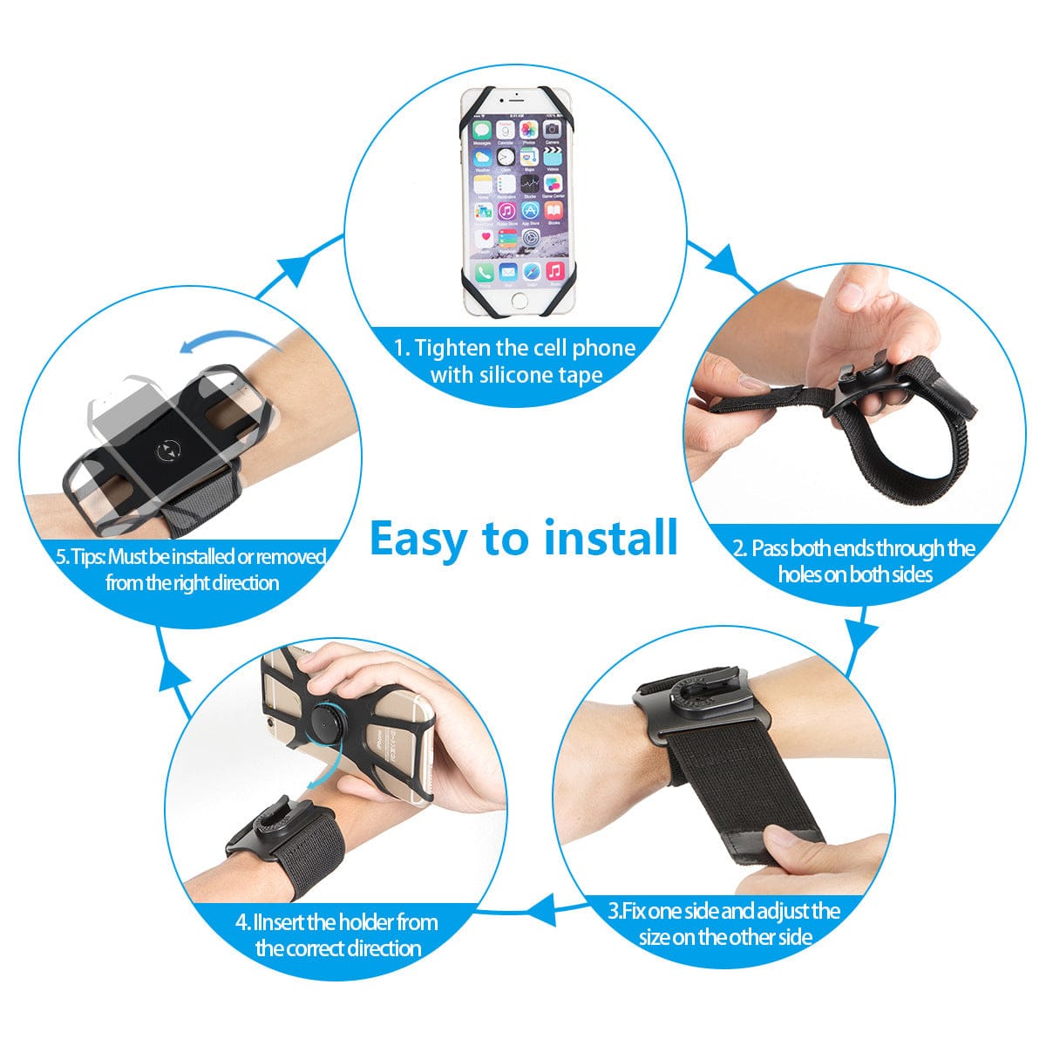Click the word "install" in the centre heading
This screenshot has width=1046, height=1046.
click(611, 537)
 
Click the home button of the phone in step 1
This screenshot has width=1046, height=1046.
click(520, 300)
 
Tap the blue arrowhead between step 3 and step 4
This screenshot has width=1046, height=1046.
click(543, 913)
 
